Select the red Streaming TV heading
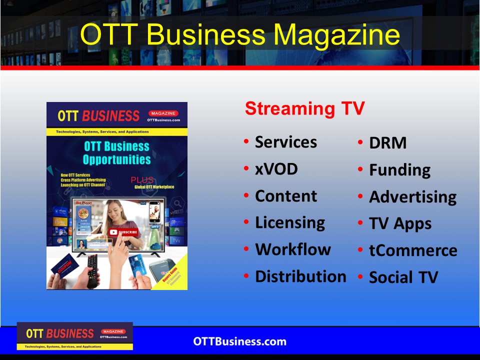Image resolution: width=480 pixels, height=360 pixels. coord(304,108)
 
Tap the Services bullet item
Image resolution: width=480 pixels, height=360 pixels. coord(285,142)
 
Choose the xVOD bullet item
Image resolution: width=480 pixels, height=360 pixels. coord(276,169)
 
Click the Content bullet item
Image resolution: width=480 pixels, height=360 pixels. coord(285,196)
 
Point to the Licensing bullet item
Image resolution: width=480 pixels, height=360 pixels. coord(289,222)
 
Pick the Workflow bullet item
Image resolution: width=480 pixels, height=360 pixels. coord(292,249)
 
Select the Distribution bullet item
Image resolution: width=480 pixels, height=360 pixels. coord(300,276)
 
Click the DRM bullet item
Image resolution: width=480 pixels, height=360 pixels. coord(387,143)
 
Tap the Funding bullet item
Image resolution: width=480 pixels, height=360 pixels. coord(399,170)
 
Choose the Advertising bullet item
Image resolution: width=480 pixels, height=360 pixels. coord(412,197)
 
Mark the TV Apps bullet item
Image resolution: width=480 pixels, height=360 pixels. coord(400,224)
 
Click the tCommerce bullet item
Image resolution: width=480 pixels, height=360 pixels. coord(413,250)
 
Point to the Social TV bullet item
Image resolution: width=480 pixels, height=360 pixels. coord(403,277)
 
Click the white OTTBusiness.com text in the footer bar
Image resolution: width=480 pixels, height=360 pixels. coord(240,342)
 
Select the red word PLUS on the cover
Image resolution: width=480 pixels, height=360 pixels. coord(142,180)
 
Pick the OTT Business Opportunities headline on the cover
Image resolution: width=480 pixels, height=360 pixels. coord(116,153)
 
